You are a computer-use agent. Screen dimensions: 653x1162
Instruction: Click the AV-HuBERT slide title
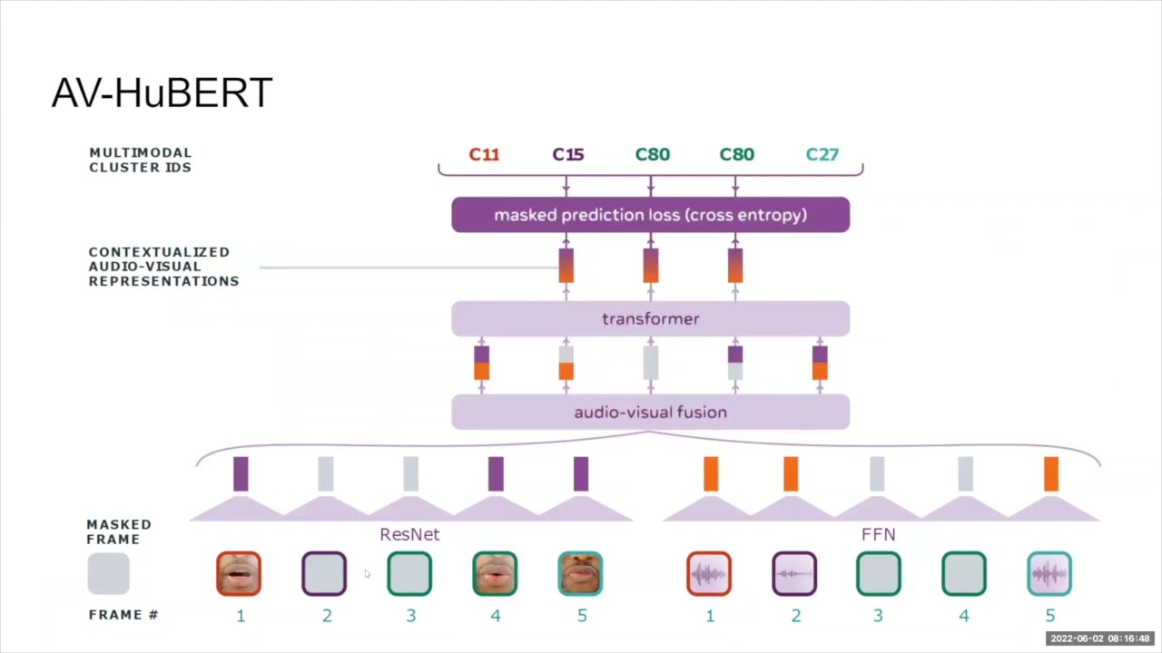[162, 93]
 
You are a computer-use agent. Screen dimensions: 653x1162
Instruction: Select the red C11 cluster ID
[484, 154]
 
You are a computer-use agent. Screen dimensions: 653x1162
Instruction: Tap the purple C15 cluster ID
[568, 154]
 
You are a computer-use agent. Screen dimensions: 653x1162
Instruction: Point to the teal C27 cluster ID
[822, 154]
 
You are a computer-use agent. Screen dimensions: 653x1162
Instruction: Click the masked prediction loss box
[650, 215]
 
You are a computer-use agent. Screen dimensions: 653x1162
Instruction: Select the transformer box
[650, 319]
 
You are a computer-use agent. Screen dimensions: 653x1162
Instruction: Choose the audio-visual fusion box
[650, 413]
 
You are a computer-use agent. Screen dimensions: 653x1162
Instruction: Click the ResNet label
[409, 534]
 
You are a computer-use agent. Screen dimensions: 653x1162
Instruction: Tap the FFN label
[878, 534]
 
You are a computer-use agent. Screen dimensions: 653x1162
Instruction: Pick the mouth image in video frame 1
[239, 574]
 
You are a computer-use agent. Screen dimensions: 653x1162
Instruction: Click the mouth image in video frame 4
[495, 574]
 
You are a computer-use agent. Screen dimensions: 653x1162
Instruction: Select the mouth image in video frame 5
[580, 574]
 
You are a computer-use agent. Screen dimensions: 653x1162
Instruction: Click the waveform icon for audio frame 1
[709, 574]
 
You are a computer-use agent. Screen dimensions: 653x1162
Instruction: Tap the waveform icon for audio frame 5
[1049, 574]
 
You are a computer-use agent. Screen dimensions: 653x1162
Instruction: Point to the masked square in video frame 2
[324, 574]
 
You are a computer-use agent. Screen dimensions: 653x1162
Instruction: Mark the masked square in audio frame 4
[964, 574]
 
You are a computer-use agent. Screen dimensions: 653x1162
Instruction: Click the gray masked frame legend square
[109, 574]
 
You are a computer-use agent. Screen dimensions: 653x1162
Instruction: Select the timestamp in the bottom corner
[1099, 638]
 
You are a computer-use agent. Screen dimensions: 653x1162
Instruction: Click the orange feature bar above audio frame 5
[1050, 474]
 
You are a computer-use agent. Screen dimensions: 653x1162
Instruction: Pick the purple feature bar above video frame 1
[241, 474]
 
